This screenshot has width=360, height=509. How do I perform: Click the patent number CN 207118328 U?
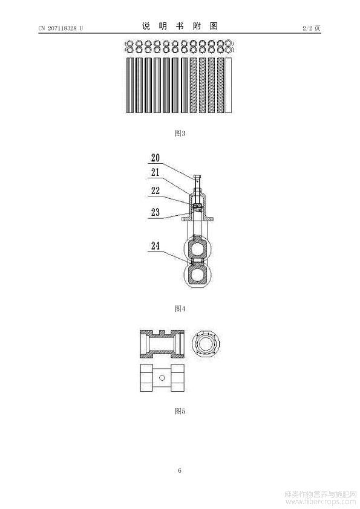(61, 28)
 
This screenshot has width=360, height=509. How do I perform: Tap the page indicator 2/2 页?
(311, 28)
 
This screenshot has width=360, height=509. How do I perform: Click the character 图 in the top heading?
(214, 26)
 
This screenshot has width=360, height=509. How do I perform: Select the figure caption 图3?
(180, 133)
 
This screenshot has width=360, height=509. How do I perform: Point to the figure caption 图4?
(180, 308)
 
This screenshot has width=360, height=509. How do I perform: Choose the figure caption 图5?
(180, 411)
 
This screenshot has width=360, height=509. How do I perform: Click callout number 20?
(155, 158)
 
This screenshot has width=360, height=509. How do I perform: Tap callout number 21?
(155, 172)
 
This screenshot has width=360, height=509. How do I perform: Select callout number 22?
(155, 190)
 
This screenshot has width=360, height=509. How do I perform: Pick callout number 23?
(155, 212)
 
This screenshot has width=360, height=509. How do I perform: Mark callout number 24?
(155, 246)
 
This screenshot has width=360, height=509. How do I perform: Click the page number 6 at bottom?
(180, 470)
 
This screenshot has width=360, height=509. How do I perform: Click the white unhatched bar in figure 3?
(229, 85)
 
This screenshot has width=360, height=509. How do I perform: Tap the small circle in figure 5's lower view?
(162, 378)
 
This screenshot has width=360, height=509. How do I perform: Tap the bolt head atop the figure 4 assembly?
(198, 177)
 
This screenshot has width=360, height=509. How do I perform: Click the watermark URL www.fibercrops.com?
(321, 502)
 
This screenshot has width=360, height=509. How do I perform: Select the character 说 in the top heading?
(146, 26)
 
